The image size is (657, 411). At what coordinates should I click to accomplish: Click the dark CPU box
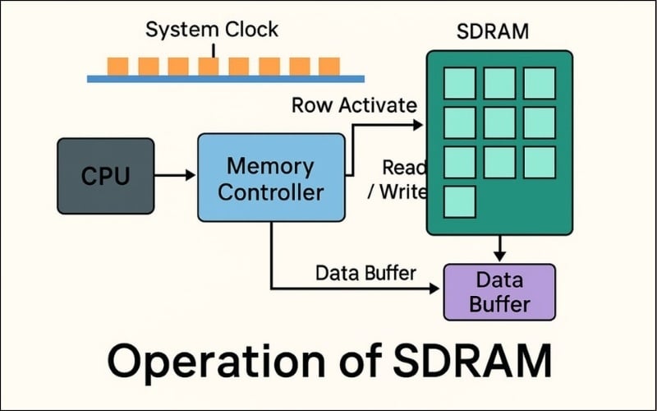tap(105, 176)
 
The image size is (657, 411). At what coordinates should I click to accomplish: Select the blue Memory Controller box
tap(270, 178)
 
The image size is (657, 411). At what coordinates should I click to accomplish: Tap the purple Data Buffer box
tap(498, 292)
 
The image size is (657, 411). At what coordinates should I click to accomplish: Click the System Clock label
tap(212, 30)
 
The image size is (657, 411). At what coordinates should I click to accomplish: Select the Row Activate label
tap(354, 105)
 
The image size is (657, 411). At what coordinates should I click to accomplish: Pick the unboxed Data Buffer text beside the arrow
tap(365, 272)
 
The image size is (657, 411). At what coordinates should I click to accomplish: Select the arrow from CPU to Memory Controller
tap(175, 175)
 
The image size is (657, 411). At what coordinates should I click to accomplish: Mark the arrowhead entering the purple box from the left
tap(437, 289)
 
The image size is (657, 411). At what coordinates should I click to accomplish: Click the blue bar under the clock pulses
tap(226, 79)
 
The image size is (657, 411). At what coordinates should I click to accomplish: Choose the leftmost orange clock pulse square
tap(118, 66)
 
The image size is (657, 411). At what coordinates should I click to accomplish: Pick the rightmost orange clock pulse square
tap(328, 66)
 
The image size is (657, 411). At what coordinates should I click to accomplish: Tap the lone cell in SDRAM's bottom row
tap(460, 201)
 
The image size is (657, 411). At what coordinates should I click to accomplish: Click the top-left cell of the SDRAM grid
tap(460, 83)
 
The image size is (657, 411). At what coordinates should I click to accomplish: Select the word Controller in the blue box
tap(270, 193)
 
